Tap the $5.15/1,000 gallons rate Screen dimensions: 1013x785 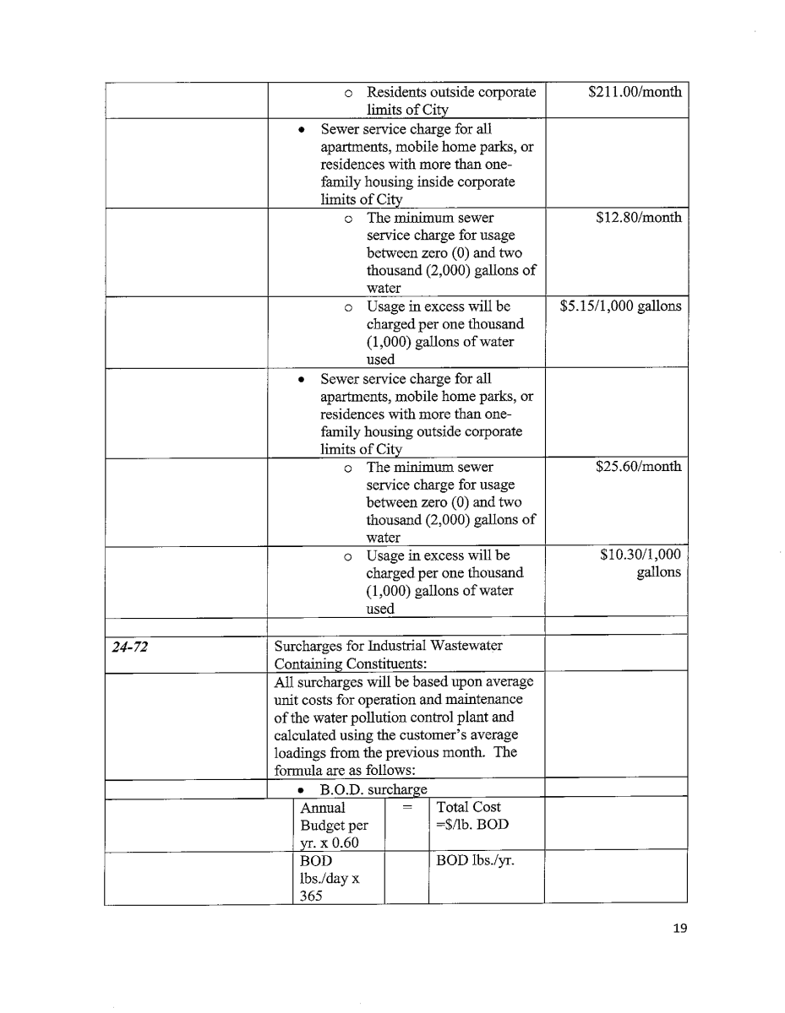coord(620,306)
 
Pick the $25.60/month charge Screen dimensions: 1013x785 coord(638,467)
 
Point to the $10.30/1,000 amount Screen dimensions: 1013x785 coord(640,555)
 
